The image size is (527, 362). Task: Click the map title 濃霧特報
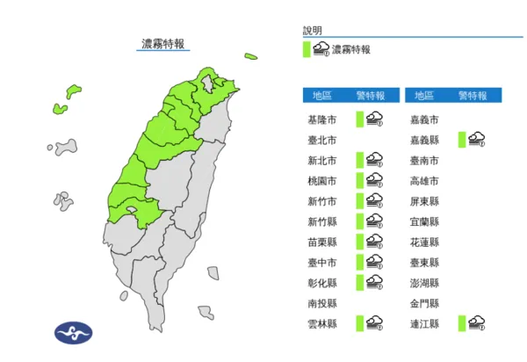pos(163,44)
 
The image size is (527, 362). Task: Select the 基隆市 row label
pos(318,119)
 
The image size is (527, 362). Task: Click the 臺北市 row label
pos(318,139)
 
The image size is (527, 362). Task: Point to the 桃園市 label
pos(318,180)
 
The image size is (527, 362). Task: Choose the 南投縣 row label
pos(318,303)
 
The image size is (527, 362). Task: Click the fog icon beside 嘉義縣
pos(477,139)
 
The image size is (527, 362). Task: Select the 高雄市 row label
pos(425,180)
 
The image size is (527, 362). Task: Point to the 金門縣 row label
pos(425,303)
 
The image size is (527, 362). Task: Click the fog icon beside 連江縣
pos(477,323)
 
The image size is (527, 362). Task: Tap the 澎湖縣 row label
pos(425,283)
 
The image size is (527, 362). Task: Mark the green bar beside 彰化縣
pos(360,282)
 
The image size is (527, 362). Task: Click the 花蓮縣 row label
pos(425,242)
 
